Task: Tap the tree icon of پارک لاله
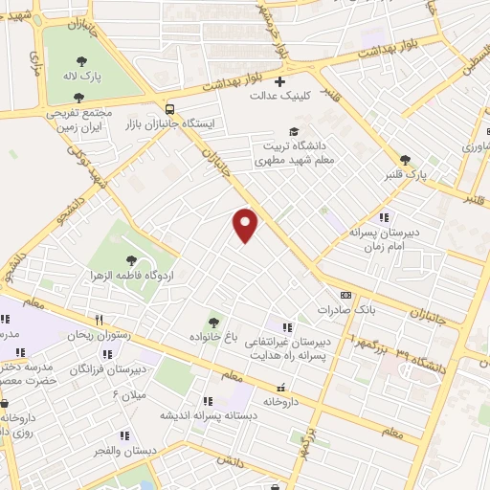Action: (83, 95)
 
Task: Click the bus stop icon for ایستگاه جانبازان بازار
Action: (170, 108)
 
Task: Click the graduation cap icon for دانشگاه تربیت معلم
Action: (295, 131)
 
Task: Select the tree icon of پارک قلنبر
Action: (406, 159)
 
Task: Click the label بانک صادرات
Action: (346, 311)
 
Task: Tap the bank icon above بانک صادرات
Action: (346, 296)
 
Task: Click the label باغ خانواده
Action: (213, 337)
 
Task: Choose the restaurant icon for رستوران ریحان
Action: (98, 321)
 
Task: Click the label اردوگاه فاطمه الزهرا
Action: (133, 275)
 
